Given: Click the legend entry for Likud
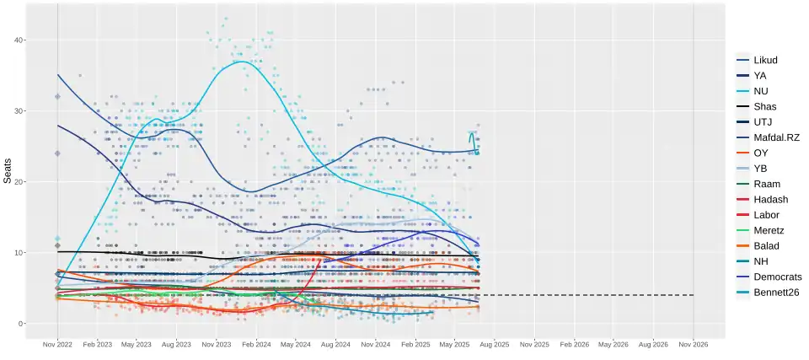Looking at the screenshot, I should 765,60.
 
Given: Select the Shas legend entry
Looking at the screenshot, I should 765,106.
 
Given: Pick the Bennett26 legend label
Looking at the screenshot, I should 776,293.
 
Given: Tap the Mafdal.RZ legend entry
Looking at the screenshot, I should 775,137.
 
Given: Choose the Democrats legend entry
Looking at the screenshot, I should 777,277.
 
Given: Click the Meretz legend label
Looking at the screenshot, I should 769,230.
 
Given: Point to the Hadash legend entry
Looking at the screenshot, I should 770,199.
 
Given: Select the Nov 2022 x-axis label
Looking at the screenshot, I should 58,345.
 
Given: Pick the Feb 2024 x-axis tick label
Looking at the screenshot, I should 255,345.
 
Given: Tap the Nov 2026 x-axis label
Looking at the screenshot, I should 693,345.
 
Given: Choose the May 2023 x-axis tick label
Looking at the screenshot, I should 137,345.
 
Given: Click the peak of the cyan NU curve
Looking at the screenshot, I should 243,62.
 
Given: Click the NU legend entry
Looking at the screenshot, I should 760,91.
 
